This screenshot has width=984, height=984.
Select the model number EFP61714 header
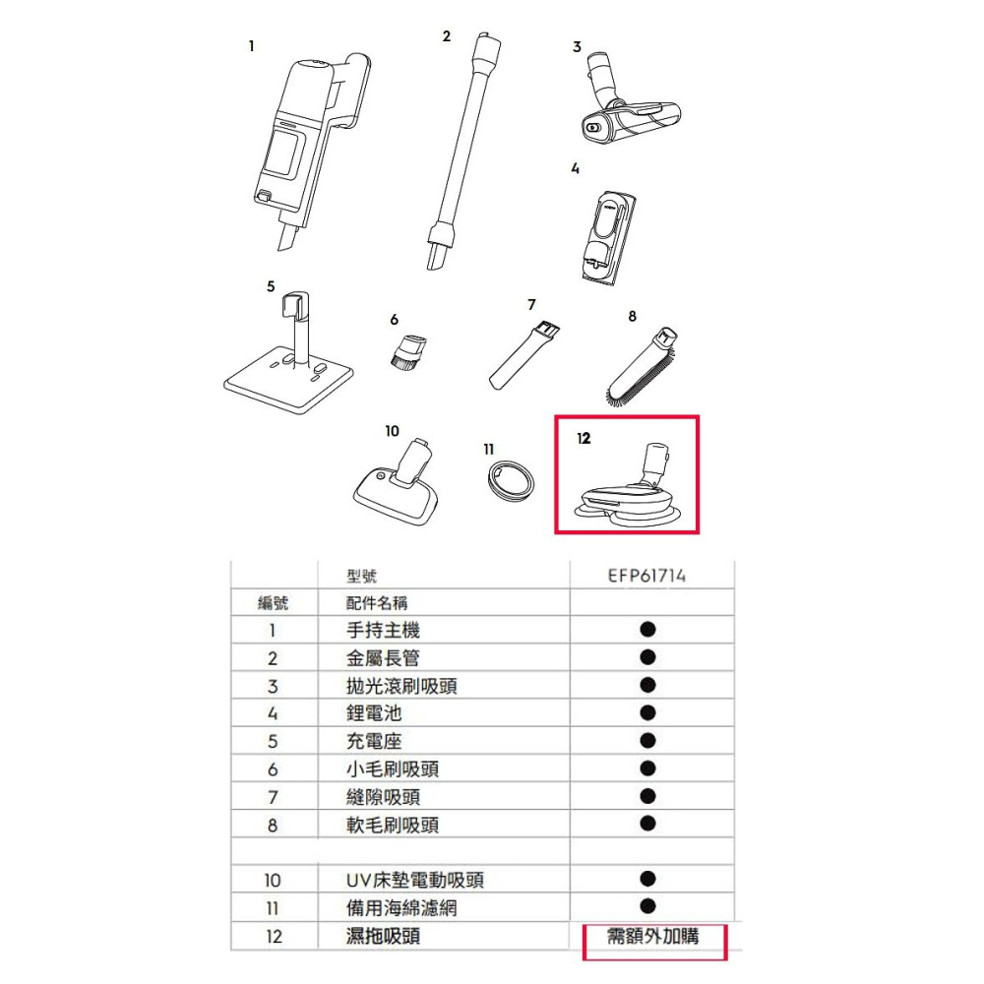[646, 576]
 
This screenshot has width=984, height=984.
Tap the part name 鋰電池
[374, 713]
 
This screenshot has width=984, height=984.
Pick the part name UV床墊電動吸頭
[414, 881]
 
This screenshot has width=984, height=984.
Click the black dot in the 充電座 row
[647, 739]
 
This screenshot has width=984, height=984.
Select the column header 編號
[273, 603]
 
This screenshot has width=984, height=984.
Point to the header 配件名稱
[377, 603]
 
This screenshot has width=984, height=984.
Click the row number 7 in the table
[273, 798]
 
